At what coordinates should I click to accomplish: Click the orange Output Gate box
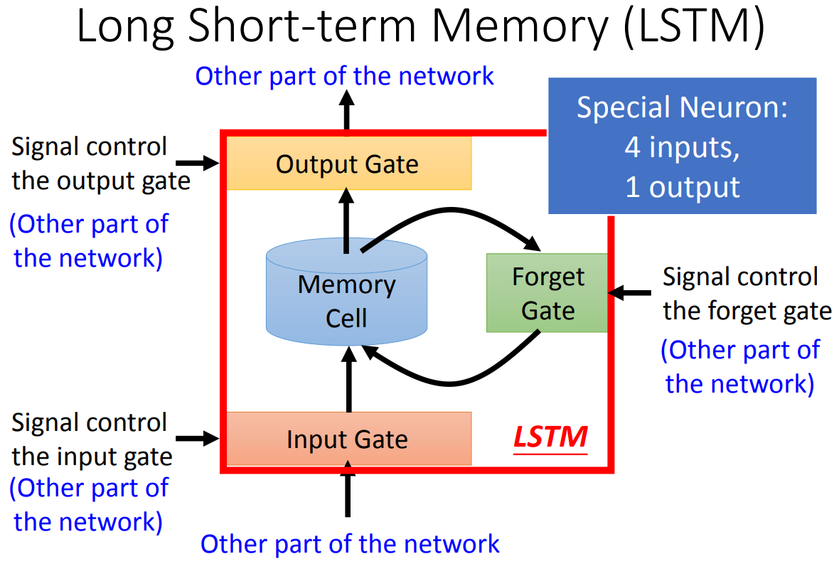pos(347,164)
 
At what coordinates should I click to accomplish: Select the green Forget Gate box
pos(547,293)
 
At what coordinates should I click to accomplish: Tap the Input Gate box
pos(347,439)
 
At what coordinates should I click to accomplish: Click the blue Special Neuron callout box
pos(682,146)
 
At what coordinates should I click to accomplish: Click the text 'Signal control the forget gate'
pos(747,293)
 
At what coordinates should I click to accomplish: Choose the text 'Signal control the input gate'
pos(92,439)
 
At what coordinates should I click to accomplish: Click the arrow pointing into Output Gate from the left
pos(206,164)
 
